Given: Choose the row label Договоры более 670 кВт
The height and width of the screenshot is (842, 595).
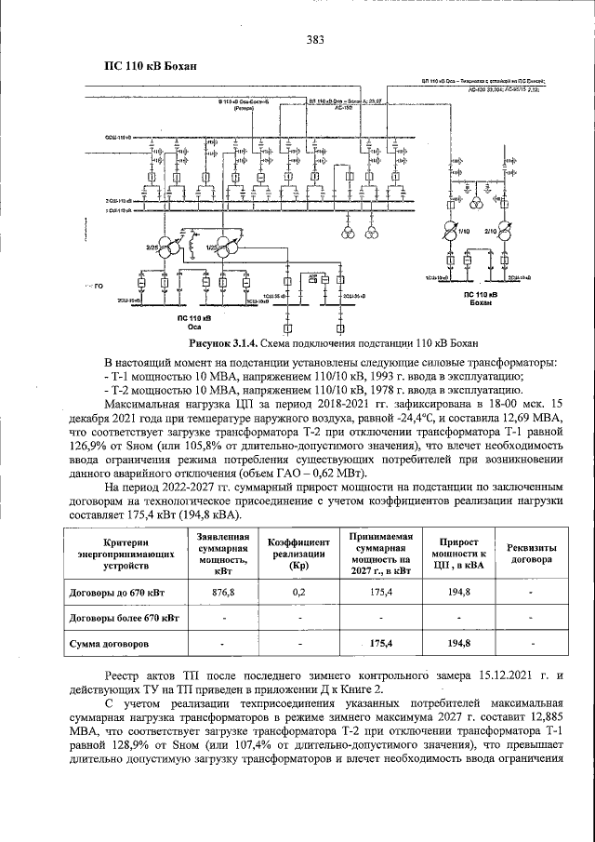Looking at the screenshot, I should (x=125, y=618).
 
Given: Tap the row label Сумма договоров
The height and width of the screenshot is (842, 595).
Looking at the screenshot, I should (x=110, y=643).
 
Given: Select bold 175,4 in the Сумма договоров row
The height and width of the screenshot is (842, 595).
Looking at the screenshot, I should (x=381, y=643).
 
